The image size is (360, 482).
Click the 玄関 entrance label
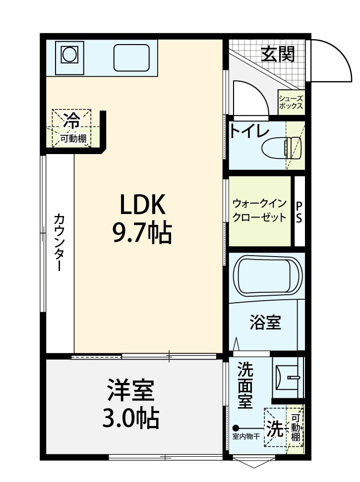pos(278,54)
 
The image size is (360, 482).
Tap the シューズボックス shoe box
pos(291,103)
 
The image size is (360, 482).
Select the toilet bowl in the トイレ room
pos(282,148)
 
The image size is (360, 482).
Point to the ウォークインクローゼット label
pos(260,211)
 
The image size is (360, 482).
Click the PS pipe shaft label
pos(299,212)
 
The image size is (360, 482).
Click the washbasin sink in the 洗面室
pos(289,377)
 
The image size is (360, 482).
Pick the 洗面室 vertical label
pos(245,385)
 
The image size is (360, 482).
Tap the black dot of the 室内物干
pos(236,428)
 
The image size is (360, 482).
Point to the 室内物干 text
pos(246,436)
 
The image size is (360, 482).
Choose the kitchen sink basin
pos(131,58)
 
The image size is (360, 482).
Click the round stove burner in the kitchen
pos(69,55)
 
